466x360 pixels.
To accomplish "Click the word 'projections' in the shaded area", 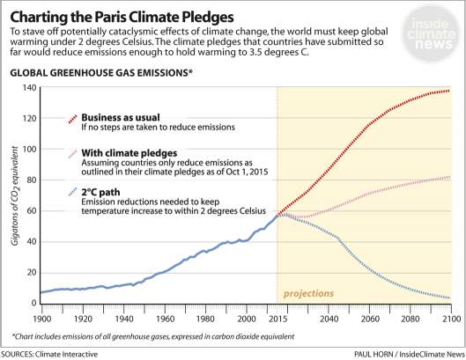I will pyautogui.click(x=308, y=293).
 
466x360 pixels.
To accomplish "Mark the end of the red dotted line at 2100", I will pyautogui.click(x=449, y=91).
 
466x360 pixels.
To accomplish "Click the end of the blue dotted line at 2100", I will pyautogui.click(x=449, y=298).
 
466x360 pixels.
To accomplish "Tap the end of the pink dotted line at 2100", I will pyautogui.click(x=449, y=177).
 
